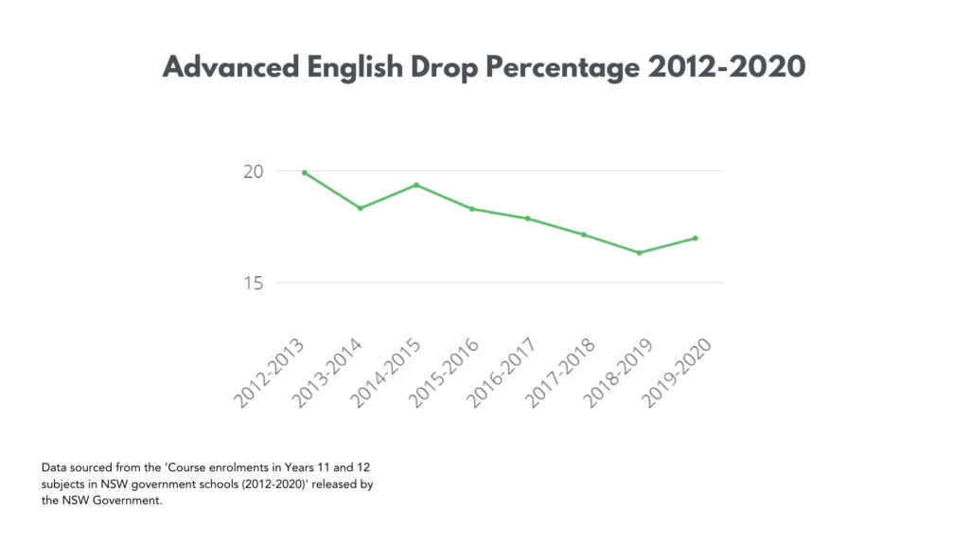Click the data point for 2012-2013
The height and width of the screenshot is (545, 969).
[x=305, y=173]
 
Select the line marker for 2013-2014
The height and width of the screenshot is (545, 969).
[x=361, y=208]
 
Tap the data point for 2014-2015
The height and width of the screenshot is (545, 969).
[x=416, y=185]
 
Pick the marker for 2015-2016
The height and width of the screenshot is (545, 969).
[x=472, y=209]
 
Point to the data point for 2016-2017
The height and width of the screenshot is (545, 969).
[x=528, y=219]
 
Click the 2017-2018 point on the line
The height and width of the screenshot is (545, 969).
[x=584, y=235]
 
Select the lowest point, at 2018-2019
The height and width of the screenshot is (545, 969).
[x=640, y=253]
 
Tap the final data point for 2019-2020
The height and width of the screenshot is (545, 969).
[x=696, y=238]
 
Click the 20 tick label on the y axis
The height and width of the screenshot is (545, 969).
[x=252, y=171]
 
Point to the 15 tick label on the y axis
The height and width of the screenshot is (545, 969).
[x=252, y=283]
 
